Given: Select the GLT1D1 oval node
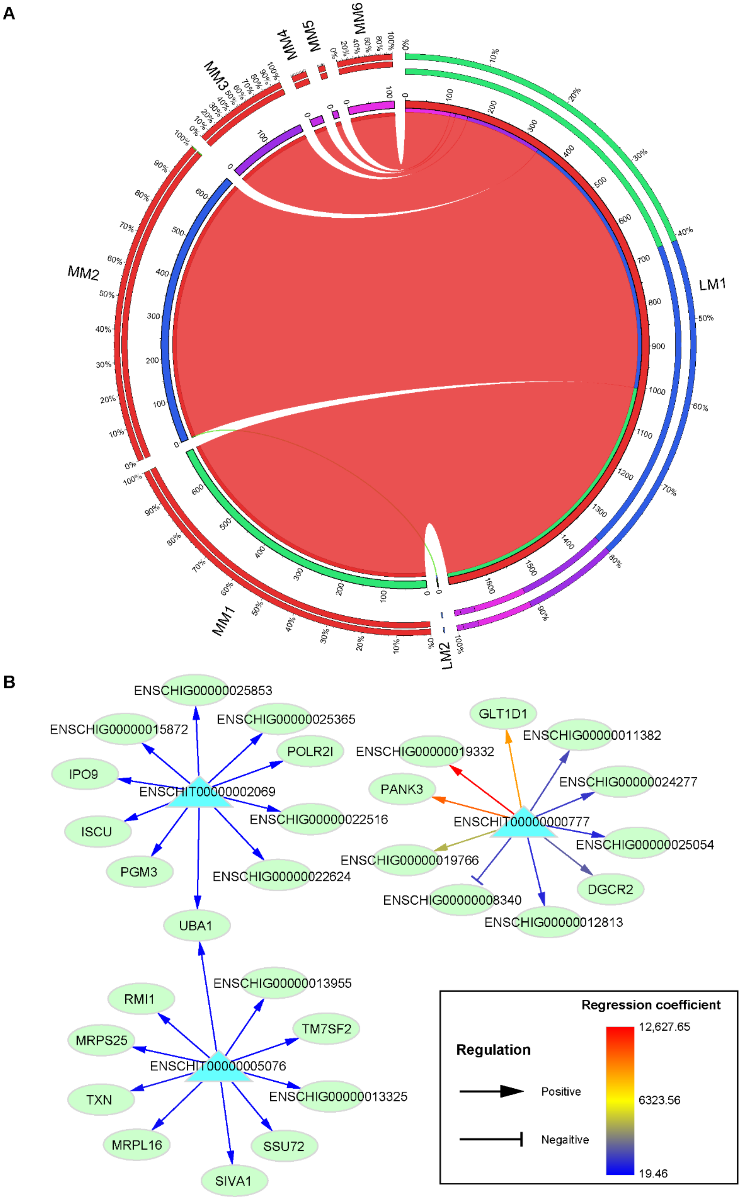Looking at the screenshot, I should (x=503, y=714).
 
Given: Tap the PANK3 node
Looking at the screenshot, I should (x=402, y=789).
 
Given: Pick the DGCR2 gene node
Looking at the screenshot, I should (x=610, y=889).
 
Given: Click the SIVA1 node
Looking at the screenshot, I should (x=234, y=1181).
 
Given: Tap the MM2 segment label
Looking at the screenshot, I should (x=83, y=273).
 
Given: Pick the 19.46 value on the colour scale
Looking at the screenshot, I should (x=653, y=1173).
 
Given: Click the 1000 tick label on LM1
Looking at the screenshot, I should (x=657, y=391).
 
